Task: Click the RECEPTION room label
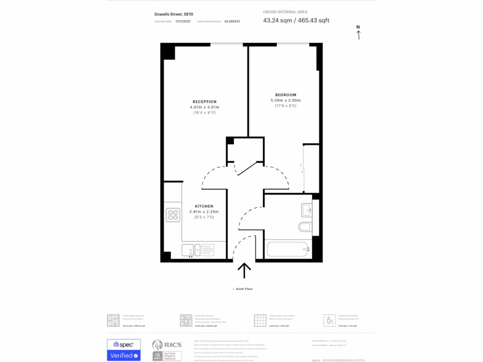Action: point(204,102)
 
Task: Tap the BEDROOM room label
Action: point(286,95)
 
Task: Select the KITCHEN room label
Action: point(204,206)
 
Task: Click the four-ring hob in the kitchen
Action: point(173,215)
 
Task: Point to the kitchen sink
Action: point(191,250)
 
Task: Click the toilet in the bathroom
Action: point(305,227)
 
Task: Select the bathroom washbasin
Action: point(306,209)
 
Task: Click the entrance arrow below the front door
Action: point(244,272)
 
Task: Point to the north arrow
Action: point(358,33)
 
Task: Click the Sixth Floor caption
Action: point(243,288)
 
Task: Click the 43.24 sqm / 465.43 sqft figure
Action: point(296,20)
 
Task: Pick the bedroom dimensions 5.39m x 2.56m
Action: point(285,100)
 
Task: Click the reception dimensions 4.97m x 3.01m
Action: point(204,107)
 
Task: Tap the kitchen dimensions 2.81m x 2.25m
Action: point(204,212)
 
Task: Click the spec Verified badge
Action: point(123,349)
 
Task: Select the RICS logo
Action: point(164,344)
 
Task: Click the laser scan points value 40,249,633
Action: point(232,21)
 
